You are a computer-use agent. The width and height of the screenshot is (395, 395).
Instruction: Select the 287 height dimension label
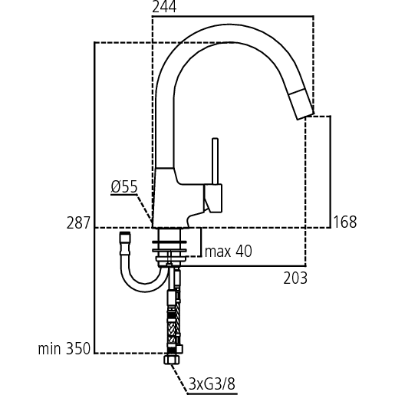[x=79, y=222]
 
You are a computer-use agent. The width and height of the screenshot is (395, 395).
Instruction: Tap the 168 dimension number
[x=344, y=222]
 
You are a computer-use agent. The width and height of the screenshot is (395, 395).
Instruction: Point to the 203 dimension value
[x=295, y=278]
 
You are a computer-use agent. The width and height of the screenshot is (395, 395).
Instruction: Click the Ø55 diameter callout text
[x=124, y=186]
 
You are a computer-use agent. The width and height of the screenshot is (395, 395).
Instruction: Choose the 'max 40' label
[x=228, y=251]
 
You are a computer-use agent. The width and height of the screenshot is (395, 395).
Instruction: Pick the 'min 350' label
[x=65, y=349]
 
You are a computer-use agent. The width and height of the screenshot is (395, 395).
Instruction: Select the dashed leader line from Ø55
[x=144, y=208]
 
